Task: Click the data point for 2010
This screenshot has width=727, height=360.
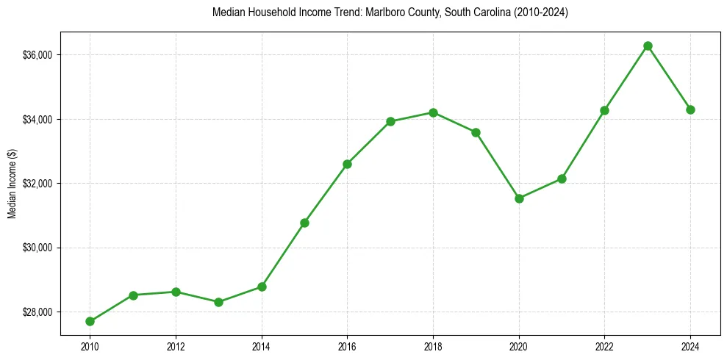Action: [x=90, y=321]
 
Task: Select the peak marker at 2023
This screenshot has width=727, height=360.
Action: [x=648, y=46]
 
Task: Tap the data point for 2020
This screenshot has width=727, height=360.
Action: [x=519, y=198]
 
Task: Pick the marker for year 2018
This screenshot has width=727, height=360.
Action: [x=433, y=112]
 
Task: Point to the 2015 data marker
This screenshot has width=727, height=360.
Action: [x=304, y=223]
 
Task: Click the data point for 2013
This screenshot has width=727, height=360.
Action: [x=218, y=302]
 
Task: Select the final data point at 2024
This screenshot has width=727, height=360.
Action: [x=690, y=109]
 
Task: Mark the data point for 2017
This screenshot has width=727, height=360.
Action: [x=390, y=121]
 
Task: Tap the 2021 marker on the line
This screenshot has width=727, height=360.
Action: [x=562, y=179]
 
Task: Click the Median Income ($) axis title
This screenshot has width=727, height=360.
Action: [x=12, y=183]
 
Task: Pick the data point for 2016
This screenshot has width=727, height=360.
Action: [x=347, y=164]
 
